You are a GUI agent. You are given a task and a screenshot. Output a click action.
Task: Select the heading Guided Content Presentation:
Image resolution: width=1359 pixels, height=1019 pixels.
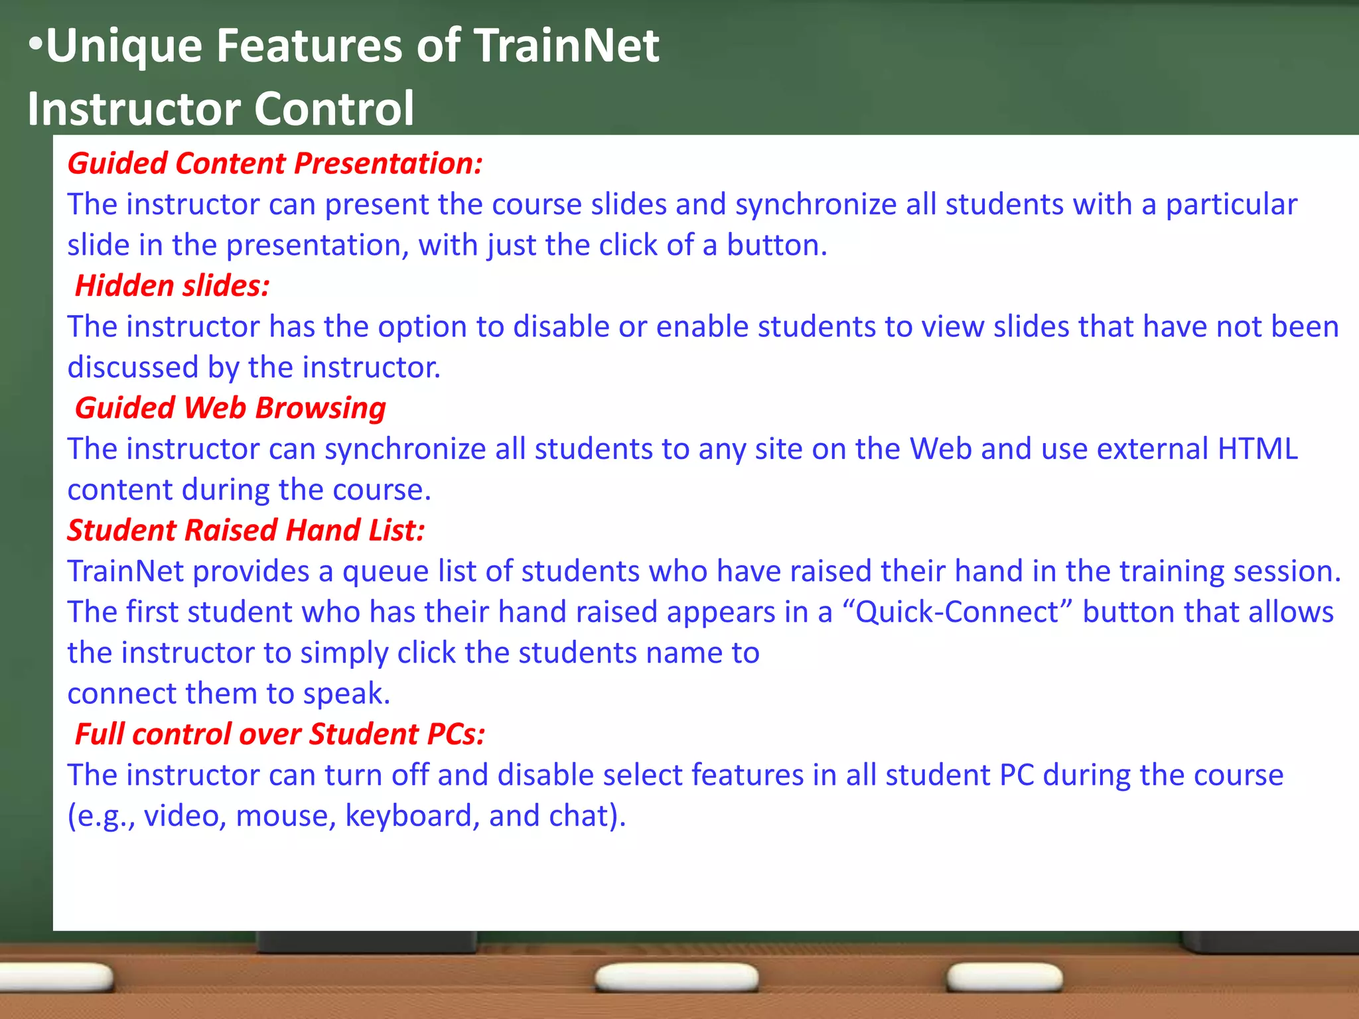coord(275,163)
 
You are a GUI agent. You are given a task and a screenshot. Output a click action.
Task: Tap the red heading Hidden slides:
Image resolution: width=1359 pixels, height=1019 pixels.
coord(172,286)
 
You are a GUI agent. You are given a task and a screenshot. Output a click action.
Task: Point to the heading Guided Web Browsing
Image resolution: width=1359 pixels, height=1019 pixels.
coord(230,408)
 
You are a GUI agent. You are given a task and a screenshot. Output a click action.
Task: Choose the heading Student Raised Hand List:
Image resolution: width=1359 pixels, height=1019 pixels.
coord(246,531)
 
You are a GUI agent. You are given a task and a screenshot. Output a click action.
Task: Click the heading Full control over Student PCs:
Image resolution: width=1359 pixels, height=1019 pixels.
coord(279,734)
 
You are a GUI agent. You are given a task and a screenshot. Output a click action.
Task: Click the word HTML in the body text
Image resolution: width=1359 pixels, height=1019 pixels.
coord(1257,449)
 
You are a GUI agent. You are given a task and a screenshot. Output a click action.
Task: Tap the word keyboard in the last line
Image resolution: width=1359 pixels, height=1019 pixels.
coord(412,816)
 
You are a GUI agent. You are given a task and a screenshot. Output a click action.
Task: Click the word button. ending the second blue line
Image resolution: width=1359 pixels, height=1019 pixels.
coord(777,245)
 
